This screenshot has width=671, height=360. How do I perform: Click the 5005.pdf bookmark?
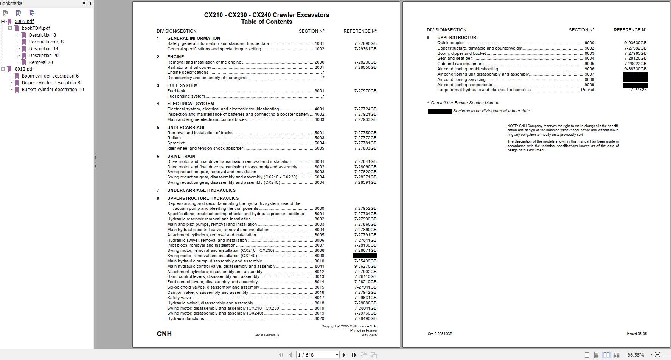(24, 22)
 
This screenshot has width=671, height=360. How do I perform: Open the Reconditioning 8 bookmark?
(46, 42)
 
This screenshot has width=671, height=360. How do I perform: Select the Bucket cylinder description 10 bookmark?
(53, 90)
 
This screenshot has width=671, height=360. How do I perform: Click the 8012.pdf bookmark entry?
(24, 69)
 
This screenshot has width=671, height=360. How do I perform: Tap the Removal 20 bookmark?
(41, 62)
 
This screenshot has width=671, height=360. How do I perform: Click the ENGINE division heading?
(176, 57)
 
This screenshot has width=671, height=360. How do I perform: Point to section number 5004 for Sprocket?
(319, 143)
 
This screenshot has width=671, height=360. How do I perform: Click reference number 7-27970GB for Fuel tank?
(365, 91)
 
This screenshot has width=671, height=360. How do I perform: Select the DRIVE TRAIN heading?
(181, 156)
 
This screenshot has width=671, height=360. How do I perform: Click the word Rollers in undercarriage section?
(174, 138)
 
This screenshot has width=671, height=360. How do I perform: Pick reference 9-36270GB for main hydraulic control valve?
(365, 266)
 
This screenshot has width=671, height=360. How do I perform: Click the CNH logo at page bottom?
(164, 334)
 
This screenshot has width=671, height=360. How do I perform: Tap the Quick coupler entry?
(450, 43)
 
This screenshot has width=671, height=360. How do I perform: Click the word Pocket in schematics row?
(587, 90)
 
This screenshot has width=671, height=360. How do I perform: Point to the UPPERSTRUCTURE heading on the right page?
(458, 37)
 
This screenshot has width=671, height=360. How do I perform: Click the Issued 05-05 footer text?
(636, 334)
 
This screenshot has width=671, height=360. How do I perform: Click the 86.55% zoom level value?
(635, 355)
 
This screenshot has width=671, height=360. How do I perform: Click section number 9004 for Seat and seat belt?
(589, 59)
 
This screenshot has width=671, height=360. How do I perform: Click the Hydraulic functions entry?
(186, 319)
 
